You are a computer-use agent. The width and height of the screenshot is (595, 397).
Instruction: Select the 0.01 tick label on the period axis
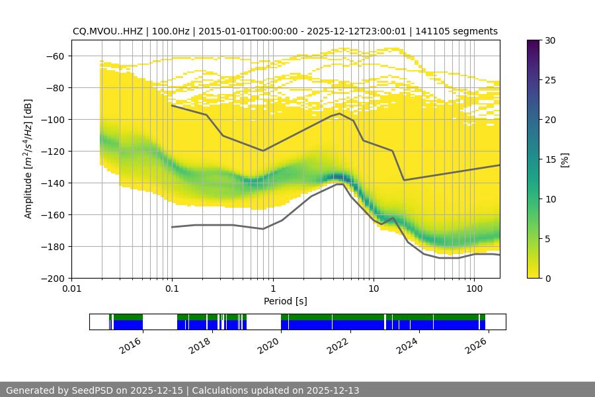(x=71, y=289)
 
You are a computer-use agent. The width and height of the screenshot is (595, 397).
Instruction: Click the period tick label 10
(x=374, y=289)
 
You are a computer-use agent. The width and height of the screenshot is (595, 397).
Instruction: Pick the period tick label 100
(x=474, y=289)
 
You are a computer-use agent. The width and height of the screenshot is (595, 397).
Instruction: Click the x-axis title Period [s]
(x=286, y=302)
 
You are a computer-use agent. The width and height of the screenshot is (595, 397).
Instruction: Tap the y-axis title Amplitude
(x=28, y=159)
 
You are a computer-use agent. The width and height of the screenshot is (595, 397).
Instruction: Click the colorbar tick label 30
(x=550, y=41)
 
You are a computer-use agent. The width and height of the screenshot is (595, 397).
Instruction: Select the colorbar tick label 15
(x=550, y=159)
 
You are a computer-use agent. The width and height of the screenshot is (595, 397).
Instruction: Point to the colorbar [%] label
(x=565, y=159)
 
